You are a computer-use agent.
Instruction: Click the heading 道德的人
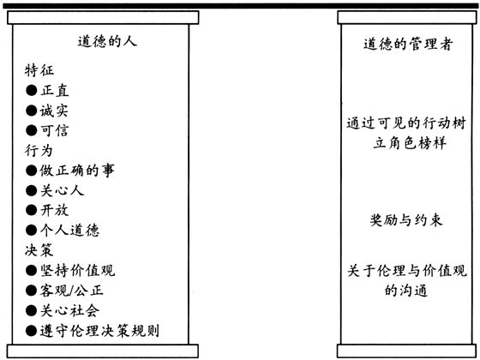(107, 41)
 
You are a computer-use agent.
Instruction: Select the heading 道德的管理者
(408, 44)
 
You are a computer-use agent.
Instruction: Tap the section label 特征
(39, 70)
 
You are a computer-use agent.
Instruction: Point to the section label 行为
(39, 150)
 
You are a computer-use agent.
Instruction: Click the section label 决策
(39, 250)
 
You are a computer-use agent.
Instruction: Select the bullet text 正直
(55, 91)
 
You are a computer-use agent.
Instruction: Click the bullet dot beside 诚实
(31, 111)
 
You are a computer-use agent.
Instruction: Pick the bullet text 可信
(55, 130)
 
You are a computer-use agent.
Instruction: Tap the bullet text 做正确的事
(77, 171)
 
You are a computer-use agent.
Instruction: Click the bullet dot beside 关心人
(31, 190)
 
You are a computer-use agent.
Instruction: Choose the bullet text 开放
(55, 210)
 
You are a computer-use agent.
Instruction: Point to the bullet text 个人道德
(69, 231)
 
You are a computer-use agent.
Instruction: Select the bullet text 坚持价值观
(77, 270)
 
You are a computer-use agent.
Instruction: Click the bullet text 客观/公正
(72, 291)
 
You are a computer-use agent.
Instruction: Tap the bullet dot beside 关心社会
(31, 310)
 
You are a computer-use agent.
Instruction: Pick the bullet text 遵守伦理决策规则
(99, 331)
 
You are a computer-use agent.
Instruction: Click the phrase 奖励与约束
(406, 219)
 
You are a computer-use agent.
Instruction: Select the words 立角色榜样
(410, 143)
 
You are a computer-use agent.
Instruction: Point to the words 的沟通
(406, 290)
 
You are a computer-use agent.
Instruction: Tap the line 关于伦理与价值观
(407, 271)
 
